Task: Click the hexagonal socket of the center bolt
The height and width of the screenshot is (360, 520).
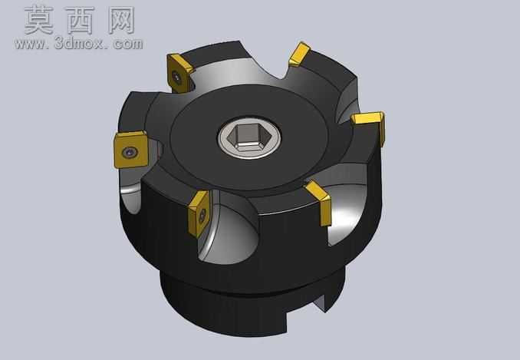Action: (x=248, y=137)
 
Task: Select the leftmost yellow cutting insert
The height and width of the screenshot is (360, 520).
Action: (x=130, y=150)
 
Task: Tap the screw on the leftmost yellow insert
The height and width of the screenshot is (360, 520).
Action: (x=130, y=152)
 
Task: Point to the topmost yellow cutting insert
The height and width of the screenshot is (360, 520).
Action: (x=299, y=54)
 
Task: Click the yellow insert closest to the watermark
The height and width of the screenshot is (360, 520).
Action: (x=179, y=73)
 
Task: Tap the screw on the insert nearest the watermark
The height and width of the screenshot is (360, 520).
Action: (x=177, y=78)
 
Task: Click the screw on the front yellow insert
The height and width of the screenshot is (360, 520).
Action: (x=202, y=216)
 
